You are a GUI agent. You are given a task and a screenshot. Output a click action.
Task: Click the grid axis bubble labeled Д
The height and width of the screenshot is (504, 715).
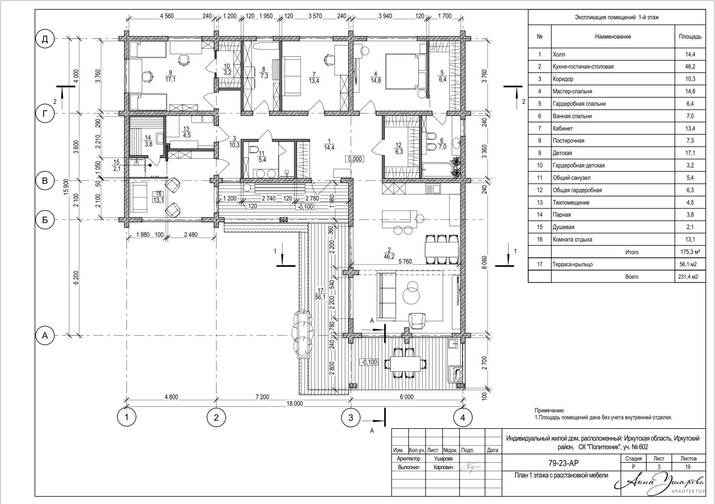(45, 39)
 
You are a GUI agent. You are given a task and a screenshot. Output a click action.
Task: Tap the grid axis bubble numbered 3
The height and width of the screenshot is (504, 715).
(350, 417)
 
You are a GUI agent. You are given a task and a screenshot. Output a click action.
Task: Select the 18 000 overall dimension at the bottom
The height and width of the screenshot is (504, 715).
(294, 403)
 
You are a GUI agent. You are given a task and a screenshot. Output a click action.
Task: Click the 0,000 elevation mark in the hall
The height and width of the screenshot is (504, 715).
(355, 159)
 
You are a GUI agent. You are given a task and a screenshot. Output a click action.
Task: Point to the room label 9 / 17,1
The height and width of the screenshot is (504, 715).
(170, 76)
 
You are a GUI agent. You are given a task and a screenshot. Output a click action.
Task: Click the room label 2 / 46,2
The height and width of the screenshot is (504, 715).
(389, 253)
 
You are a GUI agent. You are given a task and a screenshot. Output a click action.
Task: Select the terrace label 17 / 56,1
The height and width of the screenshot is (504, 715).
(320, 294)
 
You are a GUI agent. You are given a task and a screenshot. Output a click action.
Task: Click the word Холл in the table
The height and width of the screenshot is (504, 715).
(559, 54)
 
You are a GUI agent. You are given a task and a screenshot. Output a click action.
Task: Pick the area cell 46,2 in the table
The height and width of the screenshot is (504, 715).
(690, 67)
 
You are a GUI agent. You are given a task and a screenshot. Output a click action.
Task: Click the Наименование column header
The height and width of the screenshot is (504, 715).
(613, 36)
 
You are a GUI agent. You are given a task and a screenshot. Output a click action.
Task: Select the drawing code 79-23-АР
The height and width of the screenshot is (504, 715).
(564, 463)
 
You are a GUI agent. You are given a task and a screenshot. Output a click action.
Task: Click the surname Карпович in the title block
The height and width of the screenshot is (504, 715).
(443, 467)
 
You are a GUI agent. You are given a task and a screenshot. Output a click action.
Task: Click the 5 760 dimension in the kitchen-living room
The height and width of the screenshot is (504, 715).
(405, 261)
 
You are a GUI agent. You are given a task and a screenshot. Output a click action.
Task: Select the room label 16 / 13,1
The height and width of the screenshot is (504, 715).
(158, 197)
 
